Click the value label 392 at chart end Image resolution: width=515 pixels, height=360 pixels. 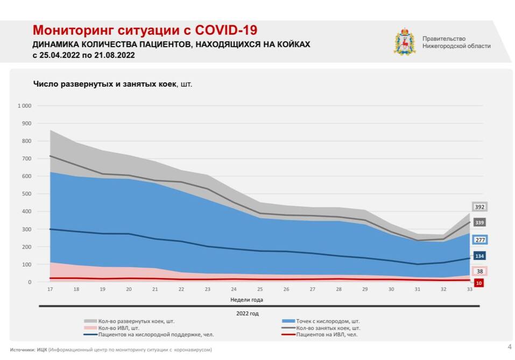479,207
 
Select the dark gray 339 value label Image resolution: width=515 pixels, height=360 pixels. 479,223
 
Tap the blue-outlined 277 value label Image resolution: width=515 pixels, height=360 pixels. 479,240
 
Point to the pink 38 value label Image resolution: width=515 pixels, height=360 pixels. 479,272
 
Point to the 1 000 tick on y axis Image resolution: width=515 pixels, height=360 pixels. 25,106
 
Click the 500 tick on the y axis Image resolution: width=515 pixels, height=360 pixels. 26,194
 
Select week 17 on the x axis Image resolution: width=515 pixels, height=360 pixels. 50,289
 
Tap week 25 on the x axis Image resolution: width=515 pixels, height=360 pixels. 260,289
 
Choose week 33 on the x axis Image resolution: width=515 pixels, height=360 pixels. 470,289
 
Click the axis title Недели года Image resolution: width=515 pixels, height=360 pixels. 246,300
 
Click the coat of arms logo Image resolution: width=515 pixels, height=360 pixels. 405,42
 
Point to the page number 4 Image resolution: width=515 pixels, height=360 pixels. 509,346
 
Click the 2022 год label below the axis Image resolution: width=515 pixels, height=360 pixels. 247,312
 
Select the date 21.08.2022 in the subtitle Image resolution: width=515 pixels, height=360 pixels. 114,55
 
